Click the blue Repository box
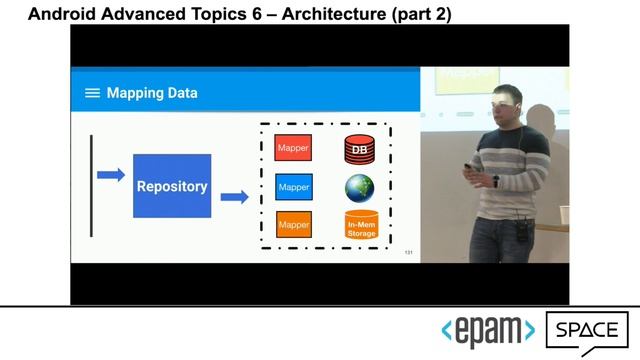172,186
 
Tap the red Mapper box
293,148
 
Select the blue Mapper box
293,187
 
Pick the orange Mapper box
293,224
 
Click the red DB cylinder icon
359,150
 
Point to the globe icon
359,187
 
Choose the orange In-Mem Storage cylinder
361,226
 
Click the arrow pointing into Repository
110,175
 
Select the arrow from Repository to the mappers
234,197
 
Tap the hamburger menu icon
92,93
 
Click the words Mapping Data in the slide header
152,93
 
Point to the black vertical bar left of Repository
91,186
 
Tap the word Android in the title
62,15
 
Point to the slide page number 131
408,252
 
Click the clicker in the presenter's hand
495,180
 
